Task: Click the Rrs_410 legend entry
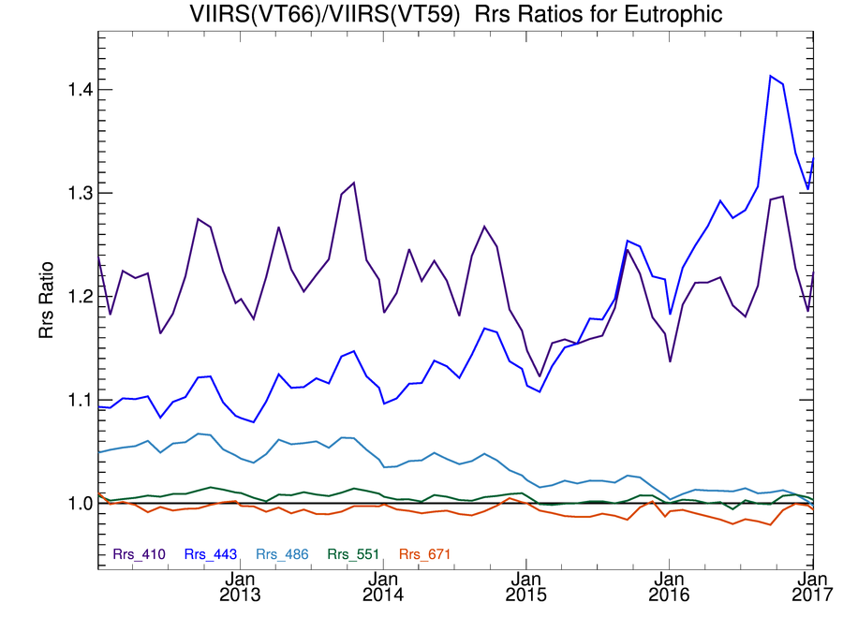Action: (140, 554)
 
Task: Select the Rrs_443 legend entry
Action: (211, 554)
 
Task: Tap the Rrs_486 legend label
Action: (282, 554)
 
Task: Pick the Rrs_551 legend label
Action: (353, 554)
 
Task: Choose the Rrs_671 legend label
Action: (424, 554)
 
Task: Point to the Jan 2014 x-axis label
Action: (383, 586)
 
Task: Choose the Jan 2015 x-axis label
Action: (525, 586)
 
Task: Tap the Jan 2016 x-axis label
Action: (668, 586)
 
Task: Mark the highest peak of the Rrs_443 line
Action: (770, 76)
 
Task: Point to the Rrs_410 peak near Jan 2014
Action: (353, 183)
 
